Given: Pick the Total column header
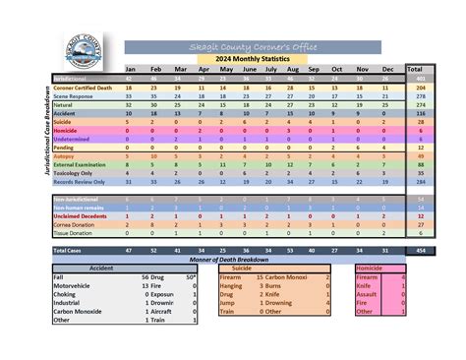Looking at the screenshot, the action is [420, 69].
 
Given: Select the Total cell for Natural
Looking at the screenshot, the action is [420, 103].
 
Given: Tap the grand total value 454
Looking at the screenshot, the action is [420, 251].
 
